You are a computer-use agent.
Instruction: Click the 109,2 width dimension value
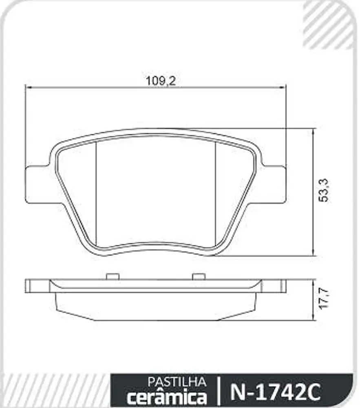[161, 81]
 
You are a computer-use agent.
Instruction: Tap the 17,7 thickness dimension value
[324, 299]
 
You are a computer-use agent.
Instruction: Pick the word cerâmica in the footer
[167, 396]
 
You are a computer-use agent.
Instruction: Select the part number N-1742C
[275, 392]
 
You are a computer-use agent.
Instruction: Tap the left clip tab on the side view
[113, 276]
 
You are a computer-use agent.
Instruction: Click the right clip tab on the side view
[199, 276]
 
